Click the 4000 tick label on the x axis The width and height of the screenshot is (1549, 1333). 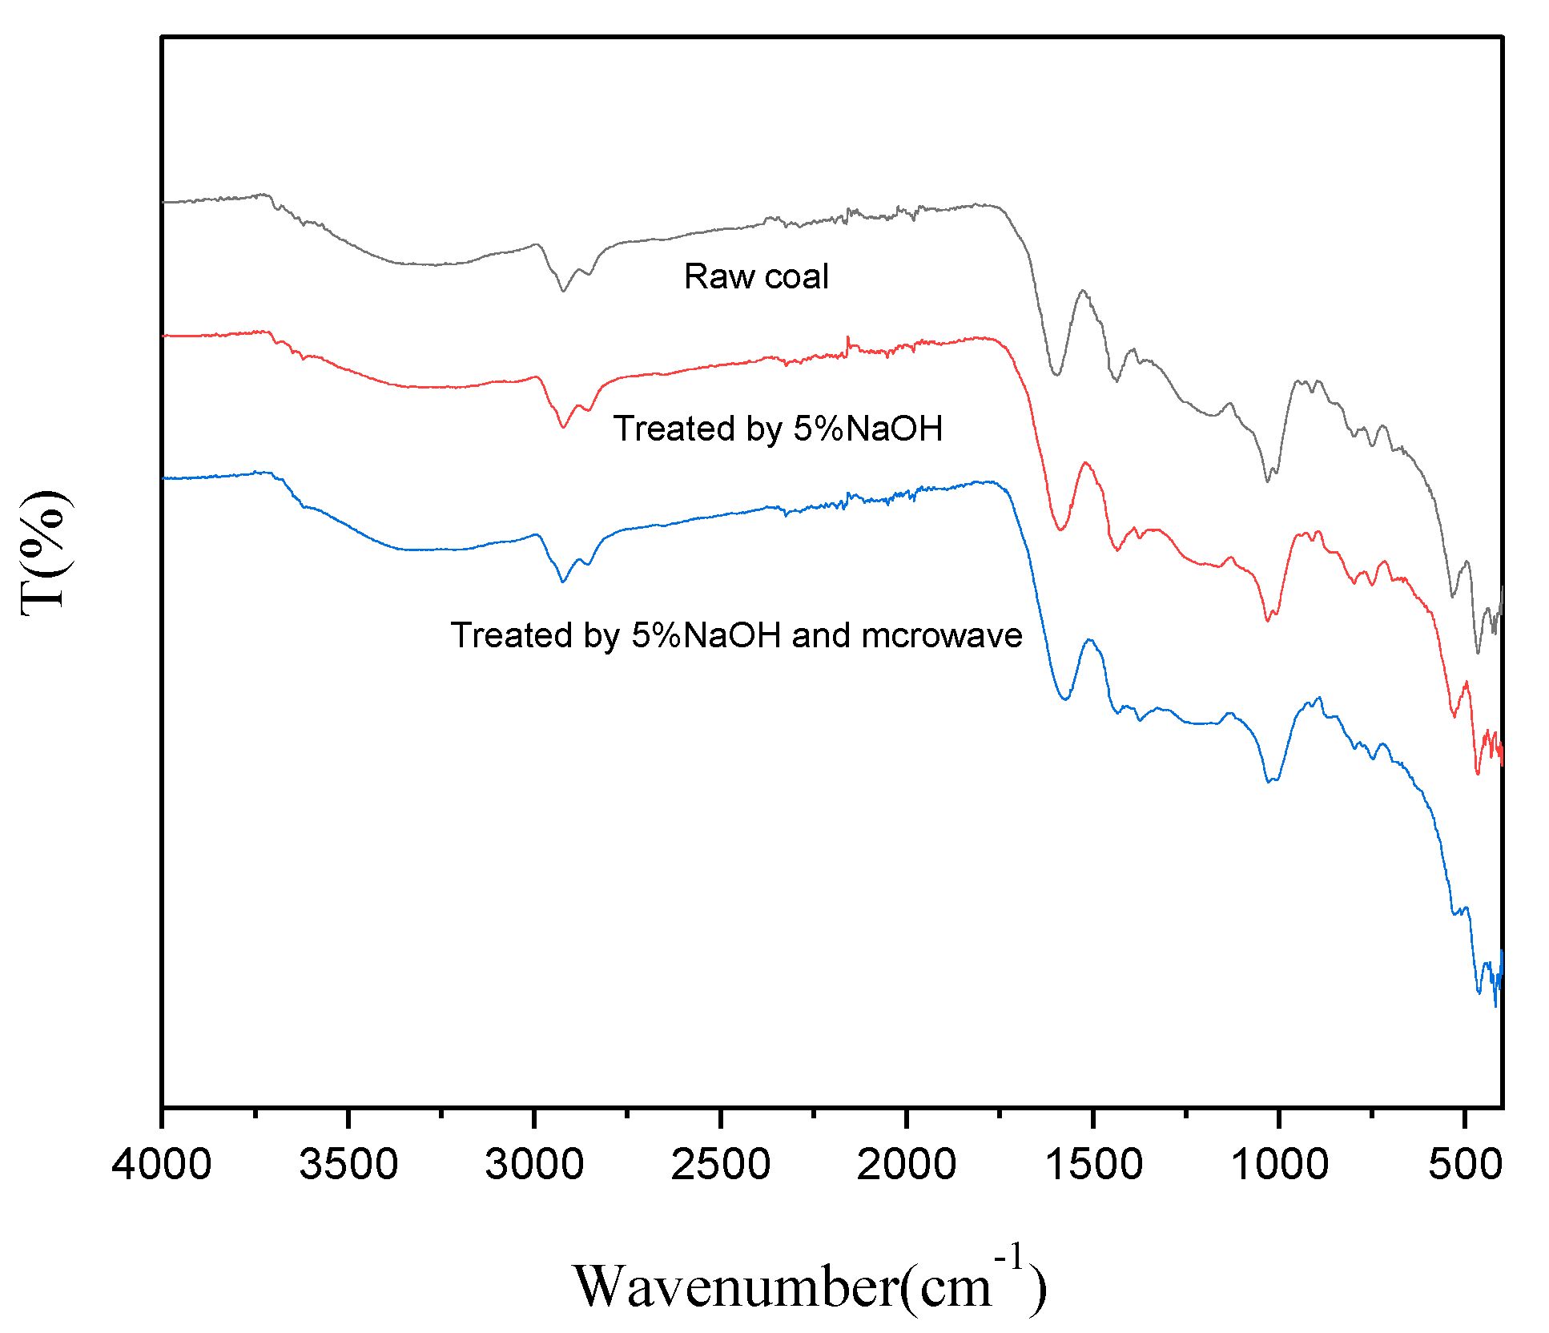click(x=162, y=1164)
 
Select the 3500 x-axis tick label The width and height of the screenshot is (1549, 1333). click(x=348, y=1164)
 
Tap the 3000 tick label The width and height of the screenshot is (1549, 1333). click(x=534, y=1164)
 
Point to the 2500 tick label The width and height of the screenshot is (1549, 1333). click(x=720, y=1164)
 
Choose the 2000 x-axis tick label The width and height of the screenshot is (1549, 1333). click(x=906, y=1164)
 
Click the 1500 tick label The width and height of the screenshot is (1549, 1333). click(x=1093, y=1164)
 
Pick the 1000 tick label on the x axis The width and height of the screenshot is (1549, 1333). click(x=1279, y=1164)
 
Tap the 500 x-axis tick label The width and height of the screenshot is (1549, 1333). click(x=1465, y=1164)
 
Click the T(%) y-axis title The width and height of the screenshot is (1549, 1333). click(x=44, y=553)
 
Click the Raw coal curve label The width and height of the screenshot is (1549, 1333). click(x=756, y=276)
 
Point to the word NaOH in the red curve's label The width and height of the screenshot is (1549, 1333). click(x=894, y=429)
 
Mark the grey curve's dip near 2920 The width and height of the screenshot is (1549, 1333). click(x=564, y=291)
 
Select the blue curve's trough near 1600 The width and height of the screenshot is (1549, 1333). click(x=1065, y=699)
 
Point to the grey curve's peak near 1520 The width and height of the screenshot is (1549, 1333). click(x=1083, y=291)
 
